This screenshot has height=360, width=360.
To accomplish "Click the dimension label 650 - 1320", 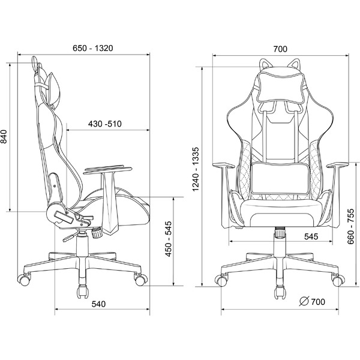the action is pyautogui.click(x=93, y=48).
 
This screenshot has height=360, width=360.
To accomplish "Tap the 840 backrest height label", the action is pyautogui.click(x=4, y=136).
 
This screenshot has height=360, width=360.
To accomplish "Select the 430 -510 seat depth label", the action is pyautogui.click(x=104, y=124).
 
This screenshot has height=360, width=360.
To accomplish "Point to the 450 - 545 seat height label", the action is pyautogui.click(x=169, y=239).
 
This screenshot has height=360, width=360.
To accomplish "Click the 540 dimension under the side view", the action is pyautogui.click(x=99, y=304).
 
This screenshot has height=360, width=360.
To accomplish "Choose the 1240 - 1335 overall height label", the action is pyautogui.click(x=196, y=169).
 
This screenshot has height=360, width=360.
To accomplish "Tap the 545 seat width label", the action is pyautogui.click(x=311, y=236).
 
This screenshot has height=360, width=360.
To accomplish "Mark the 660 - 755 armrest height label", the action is pyautogui.click(x=351, y=226).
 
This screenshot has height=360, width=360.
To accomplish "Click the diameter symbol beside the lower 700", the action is pyautogui.click(x=304, y=301).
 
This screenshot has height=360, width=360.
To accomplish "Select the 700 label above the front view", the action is pyautogui.click(x=280, y=49).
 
